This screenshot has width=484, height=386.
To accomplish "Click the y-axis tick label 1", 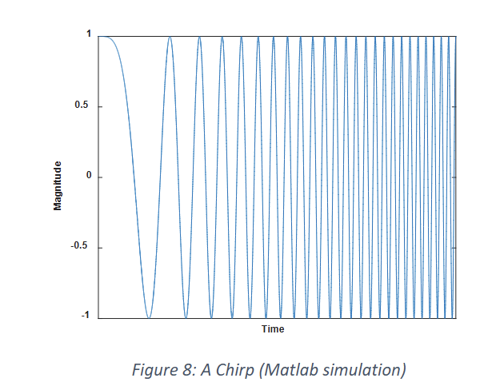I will point(89,35).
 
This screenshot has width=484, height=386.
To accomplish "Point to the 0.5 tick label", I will point(84,106).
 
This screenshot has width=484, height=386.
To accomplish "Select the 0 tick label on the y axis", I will point(89,177).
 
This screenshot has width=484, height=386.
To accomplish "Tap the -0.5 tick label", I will point(82,247).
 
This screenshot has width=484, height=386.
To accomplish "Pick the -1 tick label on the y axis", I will point(86,317).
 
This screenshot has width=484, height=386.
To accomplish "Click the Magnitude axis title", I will point(58,185).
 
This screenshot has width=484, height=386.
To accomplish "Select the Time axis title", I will point(273,329).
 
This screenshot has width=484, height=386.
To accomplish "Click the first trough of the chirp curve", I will point(148,317).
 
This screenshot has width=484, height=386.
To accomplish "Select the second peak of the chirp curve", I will point(170,37).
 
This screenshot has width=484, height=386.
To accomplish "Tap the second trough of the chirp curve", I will point(186,317).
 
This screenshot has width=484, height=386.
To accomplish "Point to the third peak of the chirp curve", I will point(200,37).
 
